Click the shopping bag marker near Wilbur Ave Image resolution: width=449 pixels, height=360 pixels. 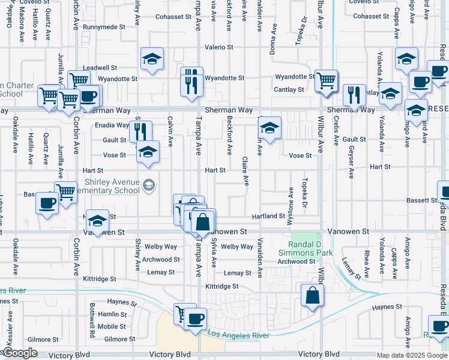(313, 296)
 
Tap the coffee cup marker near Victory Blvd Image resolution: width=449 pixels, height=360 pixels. (194, 319)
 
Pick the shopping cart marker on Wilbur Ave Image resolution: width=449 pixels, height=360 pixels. (326, 80)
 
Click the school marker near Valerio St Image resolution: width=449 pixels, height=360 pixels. (152, 59)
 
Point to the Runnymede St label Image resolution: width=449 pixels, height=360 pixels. (104, 27)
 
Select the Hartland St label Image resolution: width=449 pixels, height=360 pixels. (268, 216)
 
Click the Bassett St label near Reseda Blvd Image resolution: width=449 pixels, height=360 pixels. (421, 200)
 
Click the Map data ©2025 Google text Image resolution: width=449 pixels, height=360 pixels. (412, 355)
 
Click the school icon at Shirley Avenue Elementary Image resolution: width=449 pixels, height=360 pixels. (148, 187)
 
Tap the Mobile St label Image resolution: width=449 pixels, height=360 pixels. (112, 326)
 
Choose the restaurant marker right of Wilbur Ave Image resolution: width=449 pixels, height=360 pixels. (354, 95)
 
